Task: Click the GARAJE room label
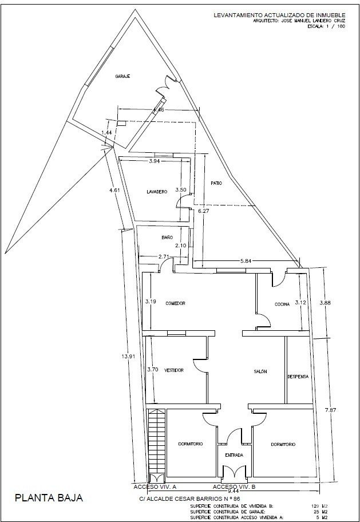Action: tap(122, 76)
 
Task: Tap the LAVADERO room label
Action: tap(156, 192)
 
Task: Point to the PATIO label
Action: tap(215, 183)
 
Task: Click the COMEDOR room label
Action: tap(176, 303)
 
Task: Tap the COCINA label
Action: tap(282, 304)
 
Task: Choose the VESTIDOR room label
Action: tap(173, 371)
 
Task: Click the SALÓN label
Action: tap(260, 372)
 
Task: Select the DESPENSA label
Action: tap(298, 377)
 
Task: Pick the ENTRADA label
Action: tap(234, 456)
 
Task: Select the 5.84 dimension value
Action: tap(246, 261)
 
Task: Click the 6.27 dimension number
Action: tap(204, 211)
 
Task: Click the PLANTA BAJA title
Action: tap(49, 498)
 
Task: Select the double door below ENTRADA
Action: tap(234, 473)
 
